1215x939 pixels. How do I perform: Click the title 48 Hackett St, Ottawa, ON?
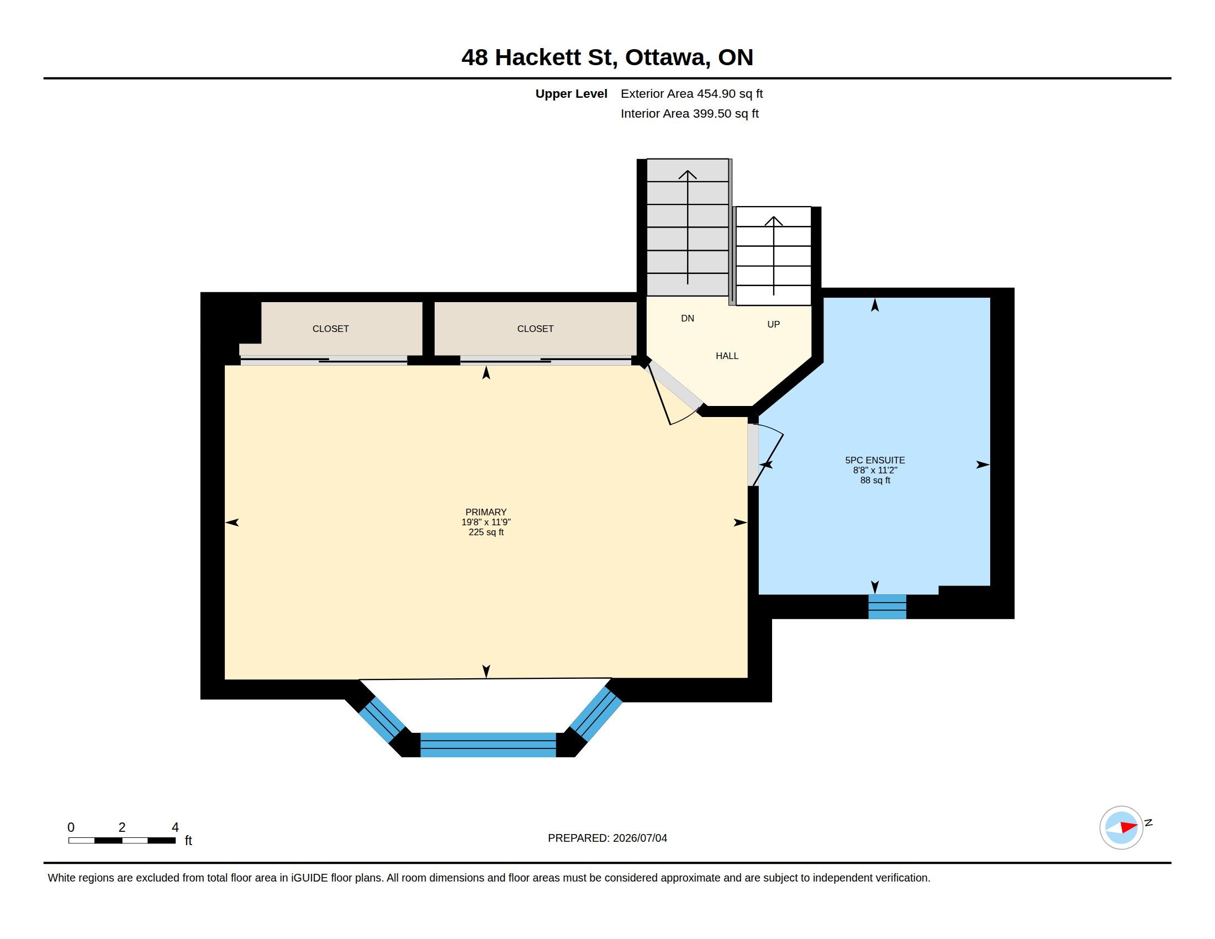tap(607, 57)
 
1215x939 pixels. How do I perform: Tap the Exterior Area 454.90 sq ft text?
tap(691, 93)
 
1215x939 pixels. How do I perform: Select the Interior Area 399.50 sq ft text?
tap(689, 113)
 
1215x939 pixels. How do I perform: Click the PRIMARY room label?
tap(485, 512)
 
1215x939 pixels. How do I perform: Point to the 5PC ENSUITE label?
tap(875, 460)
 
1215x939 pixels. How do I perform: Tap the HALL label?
tap(727, 356)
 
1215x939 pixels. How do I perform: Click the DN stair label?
tap(688, 318)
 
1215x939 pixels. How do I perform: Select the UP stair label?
tap(773, 324)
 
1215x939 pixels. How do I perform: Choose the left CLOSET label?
tap(330, 329)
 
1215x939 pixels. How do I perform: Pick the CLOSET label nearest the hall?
tap(535, 329)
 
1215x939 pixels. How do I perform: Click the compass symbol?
tap(1122, 827)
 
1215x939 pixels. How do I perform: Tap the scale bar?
tap(122, 840)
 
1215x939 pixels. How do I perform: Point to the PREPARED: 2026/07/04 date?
tap(607, 838)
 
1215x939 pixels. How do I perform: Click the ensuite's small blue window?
tap(888, 606)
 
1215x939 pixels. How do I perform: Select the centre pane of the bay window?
tap(488, 745)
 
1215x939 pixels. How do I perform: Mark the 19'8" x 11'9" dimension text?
tap(485, 522)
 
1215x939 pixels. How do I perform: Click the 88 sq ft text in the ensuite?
tap(875, 480)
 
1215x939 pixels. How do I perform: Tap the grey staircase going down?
tap(688, 227)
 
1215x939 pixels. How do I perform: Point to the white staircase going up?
tap(773, 256)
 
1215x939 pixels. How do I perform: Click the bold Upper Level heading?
tap(572, 94)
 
